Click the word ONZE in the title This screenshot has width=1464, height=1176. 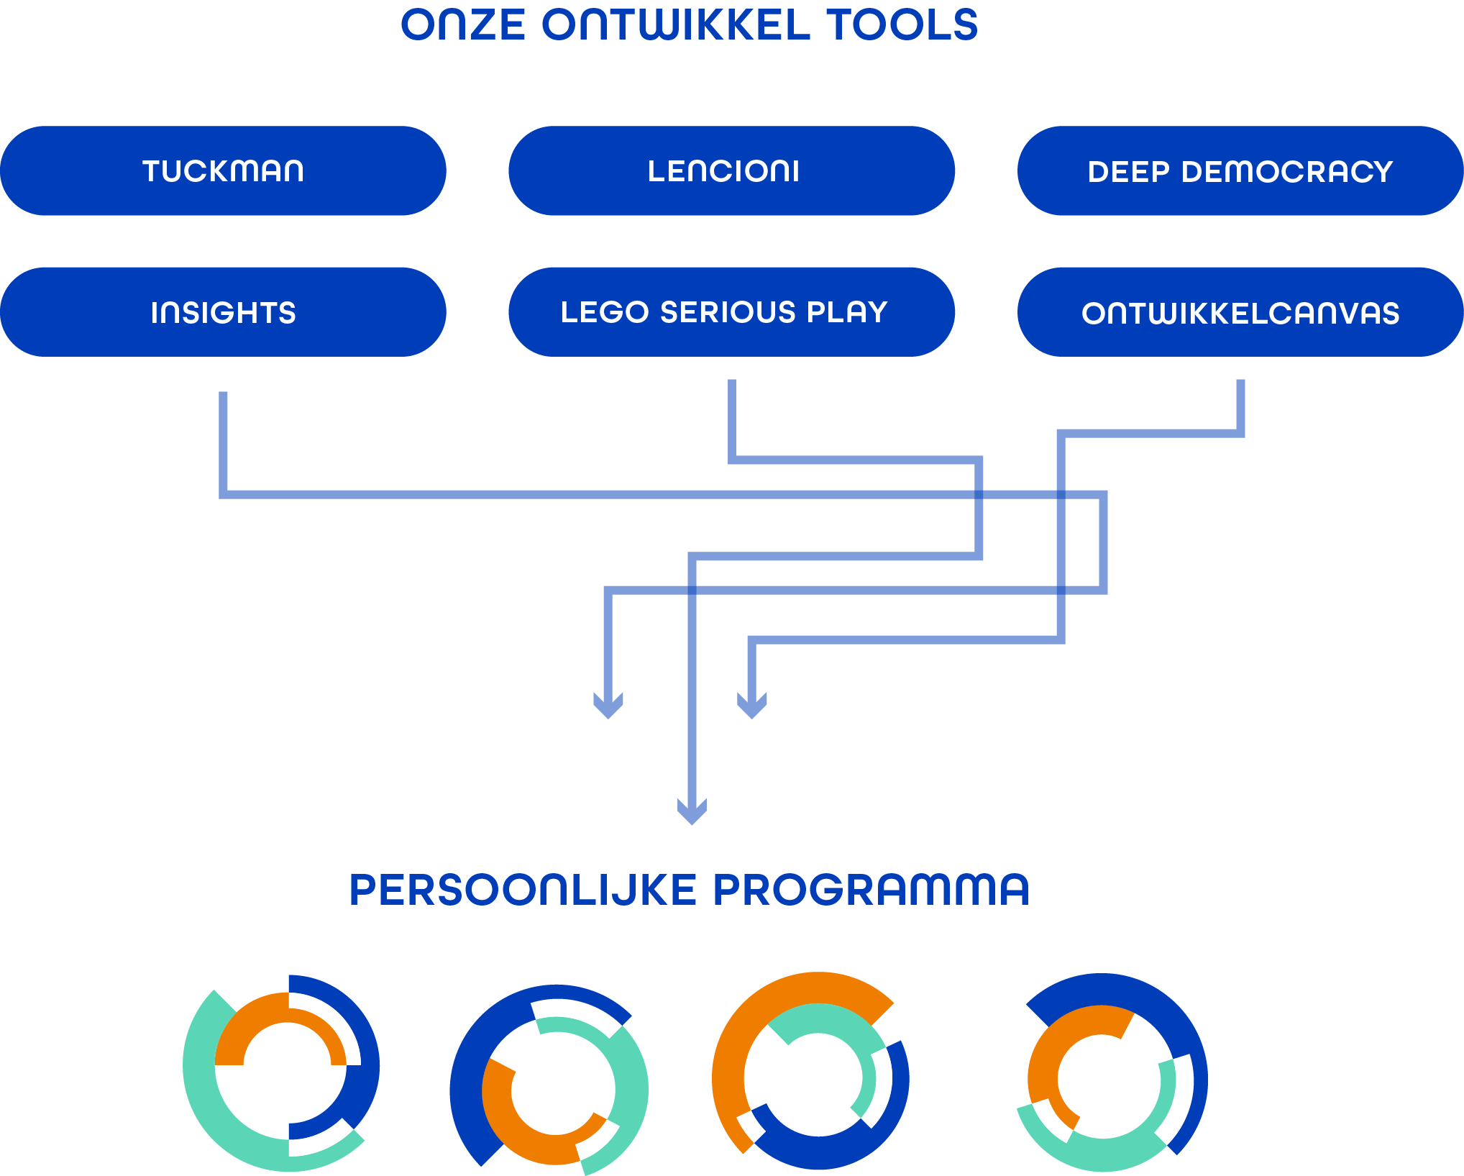click(464, 25)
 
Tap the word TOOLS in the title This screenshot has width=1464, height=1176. click(902, 25)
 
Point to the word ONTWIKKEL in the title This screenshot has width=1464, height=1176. click(676, 25)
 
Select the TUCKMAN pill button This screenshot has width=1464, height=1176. click(223, 171)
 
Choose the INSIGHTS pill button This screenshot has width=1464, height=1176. click(223, 312)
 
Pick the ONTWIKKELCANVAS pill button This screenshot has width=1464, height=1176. click(1240, 312)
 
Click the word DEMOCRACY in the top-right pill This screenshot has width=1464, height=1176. click(1287, 172)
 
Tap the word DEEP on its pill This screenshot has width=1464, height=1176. click(1128, 172)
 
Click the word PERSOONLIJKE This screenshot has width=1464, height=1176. click(523, 890)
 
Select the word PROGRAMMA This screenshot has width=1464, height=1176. click(871, 890)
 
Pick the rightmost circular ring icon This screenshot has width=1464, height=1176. click(1111, 1072)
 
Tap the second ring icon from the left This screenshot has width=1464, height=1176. click(549, 1079)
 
